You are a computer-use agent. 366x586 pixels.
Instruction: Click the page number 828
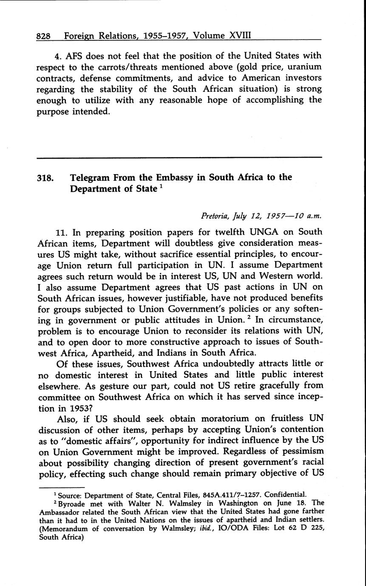click(x=44, y=37)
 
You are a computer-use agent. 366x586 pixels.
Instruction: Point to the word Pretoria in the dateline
click(x=216, y=215)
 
